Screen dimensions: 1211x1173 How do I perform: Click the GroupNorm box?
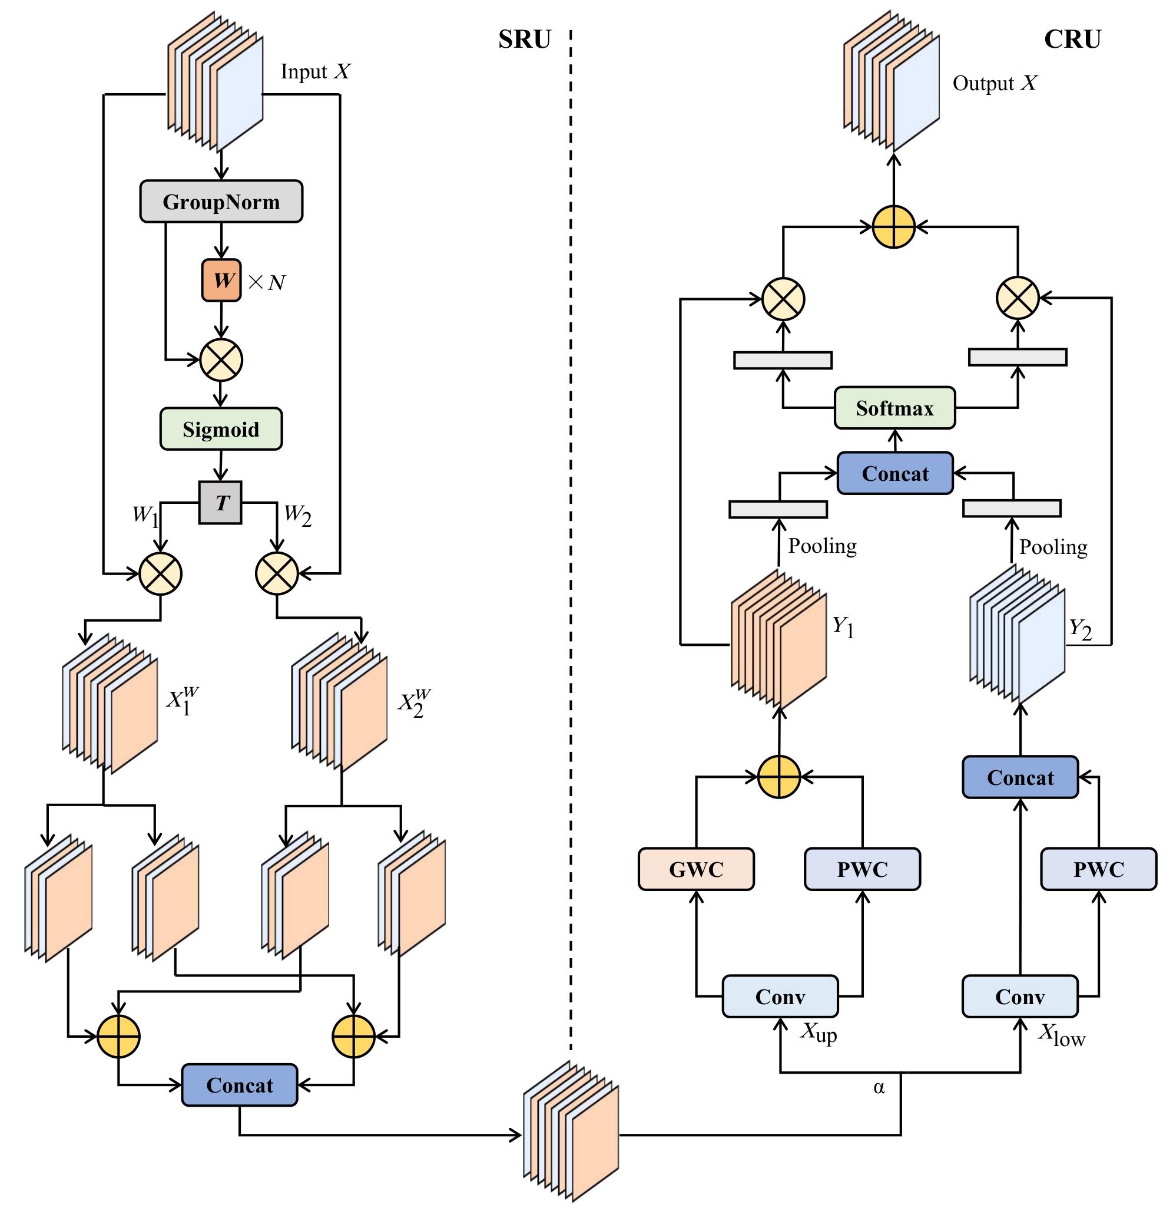coord(221,202)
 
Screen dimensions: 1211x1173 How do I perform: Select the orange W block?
coord(221,281)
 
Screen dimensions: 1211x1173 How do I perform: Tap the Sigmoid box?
coord(221,429)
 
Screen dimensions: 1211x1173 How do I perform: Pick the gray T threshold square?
coord(220,502)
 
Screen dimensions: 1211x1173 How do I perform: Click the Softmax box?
coord(894,408)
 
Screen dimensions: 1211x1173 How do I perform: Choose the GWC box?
coord(696,869)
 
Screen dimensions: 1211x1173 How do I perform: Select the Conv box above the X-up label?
coord(780,996)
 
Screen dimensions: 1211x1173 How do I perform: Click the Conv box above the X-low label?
coord(1020,996)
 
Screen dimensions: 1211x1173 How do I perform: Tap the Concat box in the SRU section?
coord(240,1085)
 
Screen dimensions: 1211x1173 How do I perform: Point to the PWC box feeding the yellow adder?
coord(862,869)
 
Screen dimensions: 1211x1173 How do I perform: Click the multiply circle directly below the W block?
coord(221,359)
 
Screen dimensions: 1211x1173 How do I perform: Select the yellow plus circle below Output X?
coord(893,227)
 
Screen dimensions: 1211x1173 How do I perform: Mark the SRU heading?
coord(524,39)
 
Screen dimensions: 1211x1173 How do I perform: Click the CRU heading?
coord(1072,39)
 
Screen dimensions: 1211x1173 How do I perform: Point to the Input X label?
coord(316,72)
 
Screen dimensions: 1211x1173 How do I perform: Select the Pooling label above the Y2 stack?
coord(1053,547)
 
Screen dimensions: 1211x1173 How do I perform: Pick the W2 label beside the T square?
coord(297,514)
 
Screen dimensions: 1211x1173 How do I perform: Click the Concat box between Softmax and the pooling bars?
coord(894,473)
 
